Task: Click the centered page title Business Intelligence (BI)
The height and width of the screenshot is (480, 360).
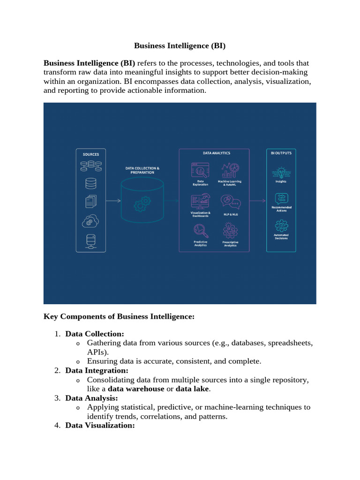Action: pos(180,45)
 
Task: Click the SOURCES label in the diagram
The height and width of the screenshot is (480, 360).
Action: pos(91,154)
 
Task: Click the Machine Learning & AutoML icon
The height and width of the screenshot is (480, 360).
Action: pos(230,170)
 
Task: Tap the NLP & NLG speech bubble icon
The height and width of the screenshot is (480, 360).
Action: pos(230,202)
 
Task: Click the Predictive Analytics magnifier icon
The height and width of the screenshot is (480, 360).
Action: pos(201,231)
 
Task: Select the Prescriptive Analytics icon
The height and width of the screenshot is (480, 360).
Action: pos(230,231)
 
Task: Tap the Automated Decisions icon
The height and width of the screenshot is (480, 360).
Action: pos(281,226)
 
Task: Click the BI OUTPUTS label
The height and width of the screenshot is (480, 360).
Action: pos(281,153)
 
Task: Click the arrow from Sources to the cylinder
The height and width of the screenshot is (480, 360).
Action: pos(113,201)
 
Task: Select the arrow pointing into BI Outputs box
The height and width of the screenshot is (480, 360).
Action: pos(257,201)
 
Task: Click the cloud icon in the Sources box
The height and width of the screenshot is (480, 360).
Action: pos(90,220)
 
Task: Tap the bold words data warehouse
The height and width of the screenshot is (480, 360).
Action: pos(136,389)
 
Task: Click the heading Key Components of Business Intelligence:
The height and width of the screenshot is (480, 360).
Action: pos(119,316)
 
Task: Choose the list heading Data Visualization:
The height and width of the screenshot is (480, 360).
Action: pos(100,425)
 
